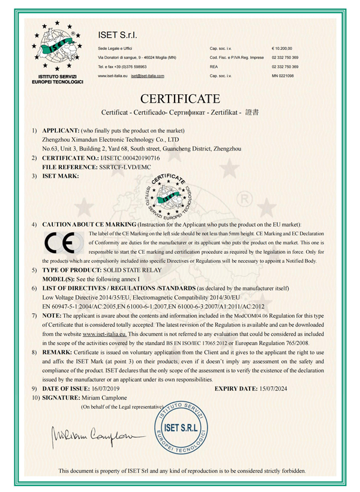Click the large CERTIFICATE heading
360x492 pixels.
[180, 98]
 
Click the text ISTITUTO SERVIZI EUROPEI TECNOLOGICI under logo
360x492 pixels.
[57, 80]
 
